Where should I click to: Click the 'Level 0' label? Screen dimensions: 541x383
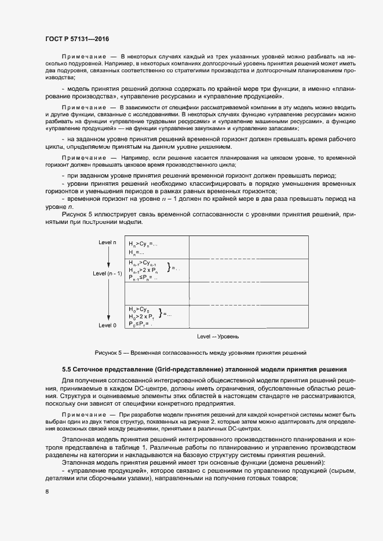107,325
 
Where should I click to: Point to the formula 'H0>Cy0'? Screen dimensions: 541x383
139,309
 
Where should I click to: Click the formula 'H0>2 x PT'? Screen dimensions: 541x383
141,316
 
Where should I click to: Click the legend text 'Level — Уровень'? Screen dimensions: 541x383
218,336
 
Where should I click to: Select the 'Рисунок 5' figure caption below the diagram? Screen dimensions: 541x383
200,352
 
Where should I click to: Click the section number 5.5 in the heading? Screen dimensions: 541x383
68,369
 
